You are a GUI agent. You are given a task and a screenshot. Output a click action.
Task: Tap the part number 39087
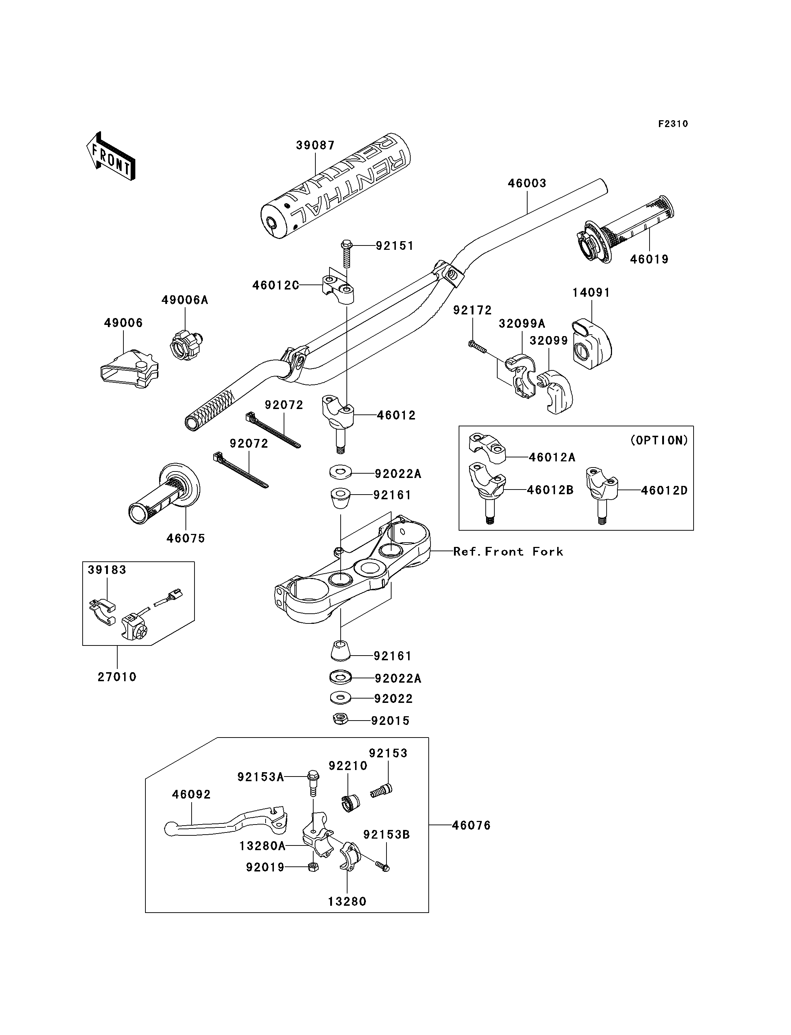315,145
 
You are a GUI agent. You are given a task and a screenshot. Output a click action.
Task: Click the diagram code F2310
673,124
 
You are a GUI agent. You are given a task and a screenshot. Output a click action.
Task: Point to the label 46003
527,183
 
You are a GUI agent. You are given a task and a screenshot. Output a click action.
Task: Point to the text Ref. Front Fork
508,552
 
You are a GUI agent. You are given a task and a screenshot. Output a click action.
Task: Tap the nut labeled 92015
340,719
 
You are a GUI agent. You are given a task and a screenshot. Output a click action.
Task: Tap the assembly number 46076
471,825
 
